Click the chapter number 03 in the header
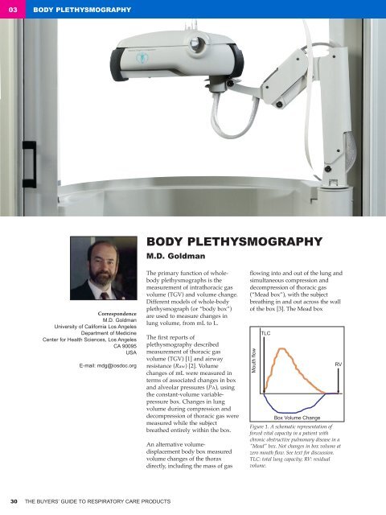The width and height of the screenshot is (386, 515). click(x=14, y=10)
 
